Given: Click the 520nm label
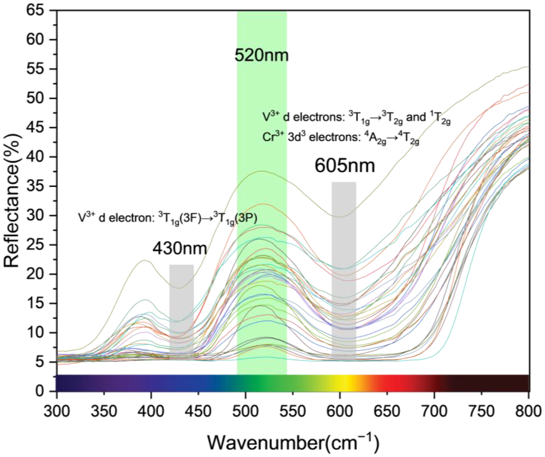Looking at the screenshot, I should [x=262, y=55].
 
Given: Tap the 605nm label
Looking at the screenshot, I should [x=345, y=166].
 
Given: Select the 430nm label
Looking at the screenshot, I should [x=180, y=249].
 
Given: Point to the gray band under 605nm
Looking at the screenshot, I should [x=344, y=268].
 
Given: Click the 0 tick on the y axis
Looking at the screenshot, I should [x=40, y=391].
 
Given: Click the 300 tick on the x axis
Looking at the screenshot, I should [x=57, y=411].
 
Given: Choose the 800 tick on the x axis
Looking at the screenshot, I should [x=528, y=411].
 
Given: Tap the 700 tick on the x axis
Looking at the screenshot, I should [x=434, y=411].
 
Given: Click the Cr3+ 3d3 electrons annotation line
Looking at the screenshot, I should [x=341, y=138].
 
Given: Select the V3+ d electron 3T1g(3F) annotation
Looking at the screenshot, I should [x=168, y=218].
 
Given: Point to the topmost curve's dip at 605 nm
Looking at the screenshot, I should [x=339, y=217].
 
